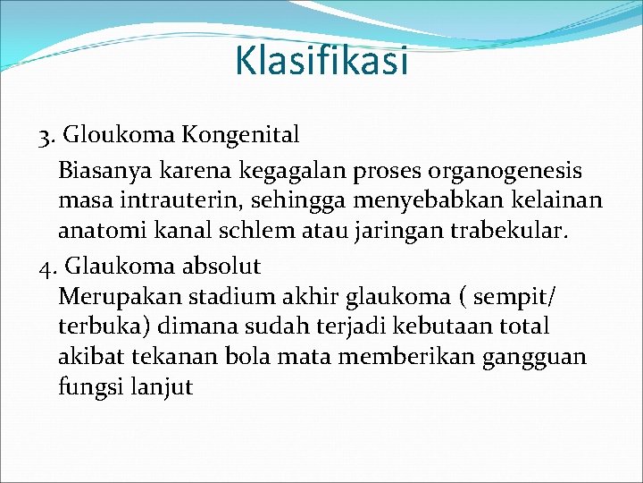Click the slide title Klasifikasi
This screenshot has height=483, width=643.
[x=321, y=61]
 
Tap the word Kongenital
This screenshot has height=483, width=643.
[x=241, y=135]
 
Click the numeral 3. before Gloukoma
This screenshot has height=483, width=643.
[x=48, y=136]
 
